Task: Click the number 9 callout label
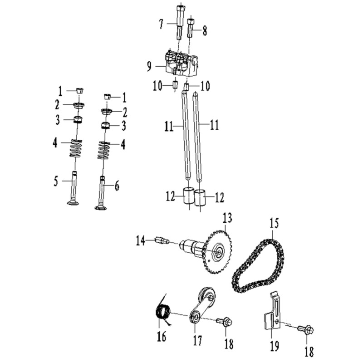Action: tap(149, 66)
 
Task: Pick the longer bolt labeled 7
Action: tap(180, 22)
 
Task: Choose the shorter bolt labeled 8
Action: tap(190, 29)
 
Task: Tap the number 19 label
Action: tap(274, 345)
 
